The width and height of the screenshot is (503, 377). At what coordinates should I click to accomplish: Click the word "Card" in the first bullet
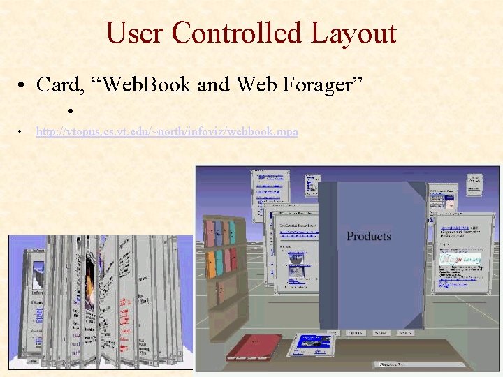click(x=59, y=84)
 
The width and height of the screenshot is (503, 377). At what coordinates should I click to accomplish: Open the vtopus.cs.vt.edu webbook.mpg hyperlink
click(x=167, y=131)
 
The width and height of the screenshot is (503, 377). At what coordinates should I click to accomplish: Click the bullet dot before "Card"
click(x=24, y=86)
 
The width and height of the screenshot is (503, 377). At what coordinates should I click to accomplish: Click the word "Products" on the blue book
click(x=369, y=236)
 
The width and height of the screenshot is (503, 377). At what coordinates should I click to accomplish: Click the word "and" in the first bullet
click(x=214, y=84)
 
